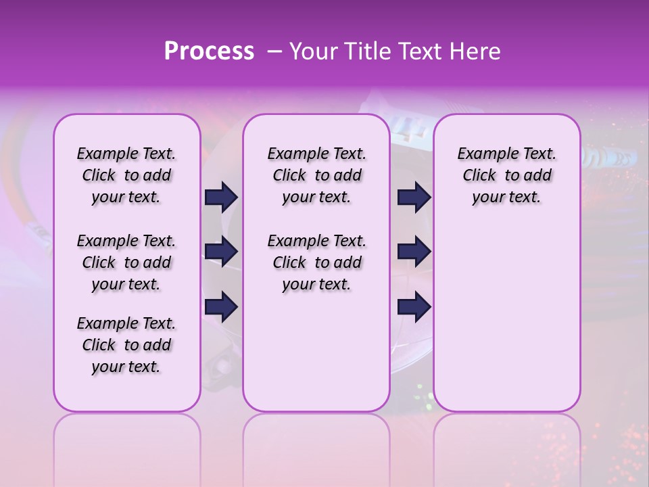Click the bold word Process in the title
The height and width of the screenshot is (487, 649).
point(209,51)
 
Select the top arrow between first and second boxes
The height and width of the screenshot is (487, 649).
point(221,197)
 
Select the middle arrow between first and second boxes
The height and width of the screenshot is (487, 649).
point(221,252)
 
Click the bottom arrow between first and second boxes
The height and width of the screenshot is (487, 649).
point(221,306)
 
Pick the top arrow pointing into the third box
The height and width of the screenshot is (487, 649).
point(414,197)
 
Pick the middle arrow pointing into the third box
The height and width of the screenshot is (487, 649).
point(414,252)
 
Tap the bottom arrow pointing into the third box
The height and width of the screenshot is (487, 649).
point(414,306)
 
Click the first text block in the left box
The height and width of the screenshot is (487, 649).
point(126,175)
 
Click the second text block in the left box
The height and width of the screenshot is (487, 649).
point(126,262)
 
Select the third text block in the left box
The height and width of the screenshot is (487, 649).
point(126,345)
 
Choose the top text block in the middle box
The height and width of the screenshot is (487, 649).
point(316,175)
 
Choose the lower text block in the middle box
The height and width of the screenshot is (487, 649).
point(316,262)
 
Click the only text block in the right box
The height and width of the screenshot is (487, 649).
point(506,175)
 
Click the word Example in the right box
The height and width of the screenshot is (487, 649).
point(482,154)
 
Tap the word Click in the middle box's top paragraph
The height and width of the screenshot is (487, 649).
point(289,176)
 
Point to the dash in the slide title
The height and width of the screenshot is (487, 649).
point(274,52)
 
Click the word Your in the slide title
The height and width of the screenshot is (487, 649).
point(313,51)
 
